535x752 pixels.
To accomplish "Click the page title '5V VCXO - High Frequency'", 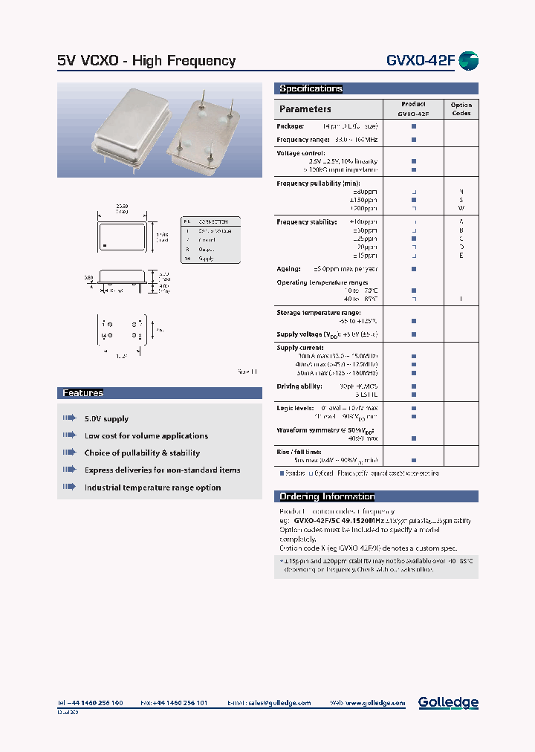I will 146,61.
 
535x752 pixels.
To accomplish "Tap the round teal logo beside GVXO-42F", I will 468,61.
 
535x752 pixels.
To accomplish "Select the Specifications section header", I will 311,88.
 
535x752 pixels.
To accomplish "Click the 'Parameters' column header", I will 305,109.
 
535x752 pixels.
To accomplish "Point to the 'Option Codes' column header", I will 461,109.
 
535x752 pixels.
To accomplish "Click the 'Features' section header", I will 82,393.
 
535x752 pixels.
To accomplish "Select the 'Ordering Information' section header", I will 327,496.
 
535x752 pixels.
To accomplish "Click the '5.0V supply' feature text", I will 106,419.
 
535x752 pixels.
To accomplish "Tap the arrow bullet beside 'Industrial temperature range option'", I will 69,487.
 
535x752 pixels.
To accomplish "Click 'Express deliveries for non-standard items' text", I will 162,470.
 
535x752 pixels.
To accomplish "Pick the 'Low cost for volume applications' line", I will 146,436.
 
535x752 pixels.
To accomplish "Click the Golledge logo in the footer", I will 448,702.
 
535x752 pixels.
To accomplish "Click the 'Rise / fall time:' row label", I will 299,452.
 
